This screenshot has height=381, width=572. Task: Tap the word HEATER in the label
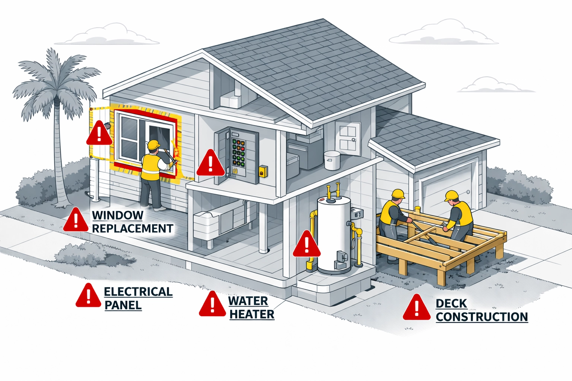click(252, 314)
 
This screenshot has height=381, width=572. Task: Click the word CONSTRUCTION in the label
click(482, 317)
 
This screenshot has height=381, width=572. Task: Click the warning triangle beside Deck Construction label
click(417, 308)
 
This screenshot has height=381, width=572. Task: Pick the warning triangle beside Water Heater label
click(212, 305)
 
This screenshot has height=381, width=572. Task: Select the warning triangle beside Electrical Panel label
click(88, 296)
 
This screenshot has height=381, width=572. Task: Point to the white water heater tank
click(334, 234)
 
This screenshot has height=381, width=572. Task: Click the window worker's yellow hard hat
click(153, 145)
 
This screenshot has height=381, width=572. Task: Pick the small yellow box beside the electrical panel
click(263, 172)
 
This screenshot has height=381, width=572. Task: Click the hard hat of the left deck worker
click(398, 194)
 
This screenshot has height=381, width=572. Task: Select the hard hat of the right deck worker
click(451, 195)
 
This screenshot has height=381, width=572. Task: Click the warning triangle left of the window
click(99, 134)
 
